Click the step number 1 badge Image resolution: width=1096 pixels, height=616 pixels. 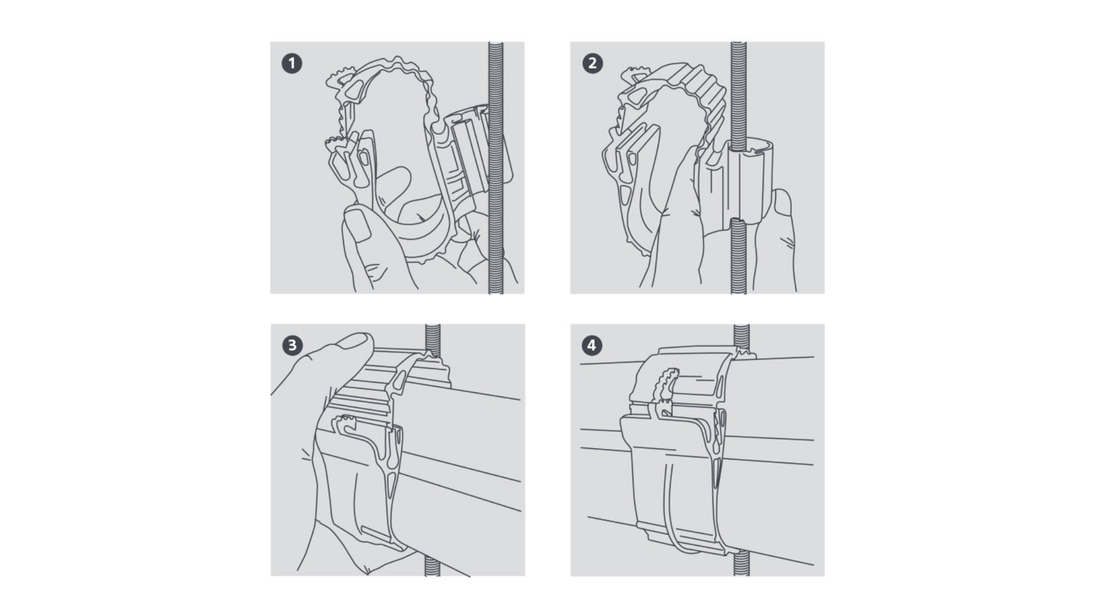click(292, 63)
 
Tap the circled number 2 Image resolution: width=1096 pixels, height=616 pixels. click(592, 63)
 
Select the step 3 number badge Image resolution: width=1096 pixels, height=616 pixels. click(292, 345)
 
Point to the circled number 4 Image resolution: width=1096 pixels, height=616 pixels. click(592, 345)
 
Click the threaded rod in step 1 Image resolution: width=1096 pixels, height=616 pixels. click(495, 168)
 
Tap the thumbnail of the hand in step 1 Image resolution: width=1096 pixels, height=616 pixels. click(358, 224)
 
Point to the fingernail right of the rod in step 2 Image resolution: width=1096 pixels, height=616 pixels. click(783, 203)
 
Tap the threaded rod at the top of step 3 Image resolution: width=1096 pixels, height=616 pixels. click(433, 340)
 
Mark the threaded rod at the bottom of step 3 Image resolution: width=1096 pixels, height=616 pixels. click(432, 566)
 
